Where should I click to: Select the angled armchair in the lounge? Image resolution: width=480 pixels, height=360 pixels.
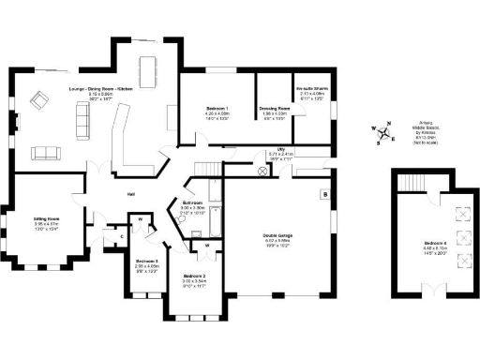(x=41, y=99)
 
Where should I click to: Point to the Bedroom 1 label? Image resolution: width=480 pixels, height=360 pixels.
(x=217, y=113)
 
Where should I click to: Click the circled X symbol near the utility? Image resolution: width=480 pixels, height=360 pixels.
(x=262, y=172)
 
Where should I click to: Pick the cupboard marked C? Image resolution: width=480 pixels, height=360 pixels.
(x=122, y=237)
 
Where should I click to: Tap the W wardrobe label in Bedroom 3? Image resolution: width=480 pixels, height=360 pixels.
(x=140, y=219)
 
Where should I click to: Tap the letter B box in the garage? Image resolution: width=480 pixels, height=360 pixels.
(x=325, y=195)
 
